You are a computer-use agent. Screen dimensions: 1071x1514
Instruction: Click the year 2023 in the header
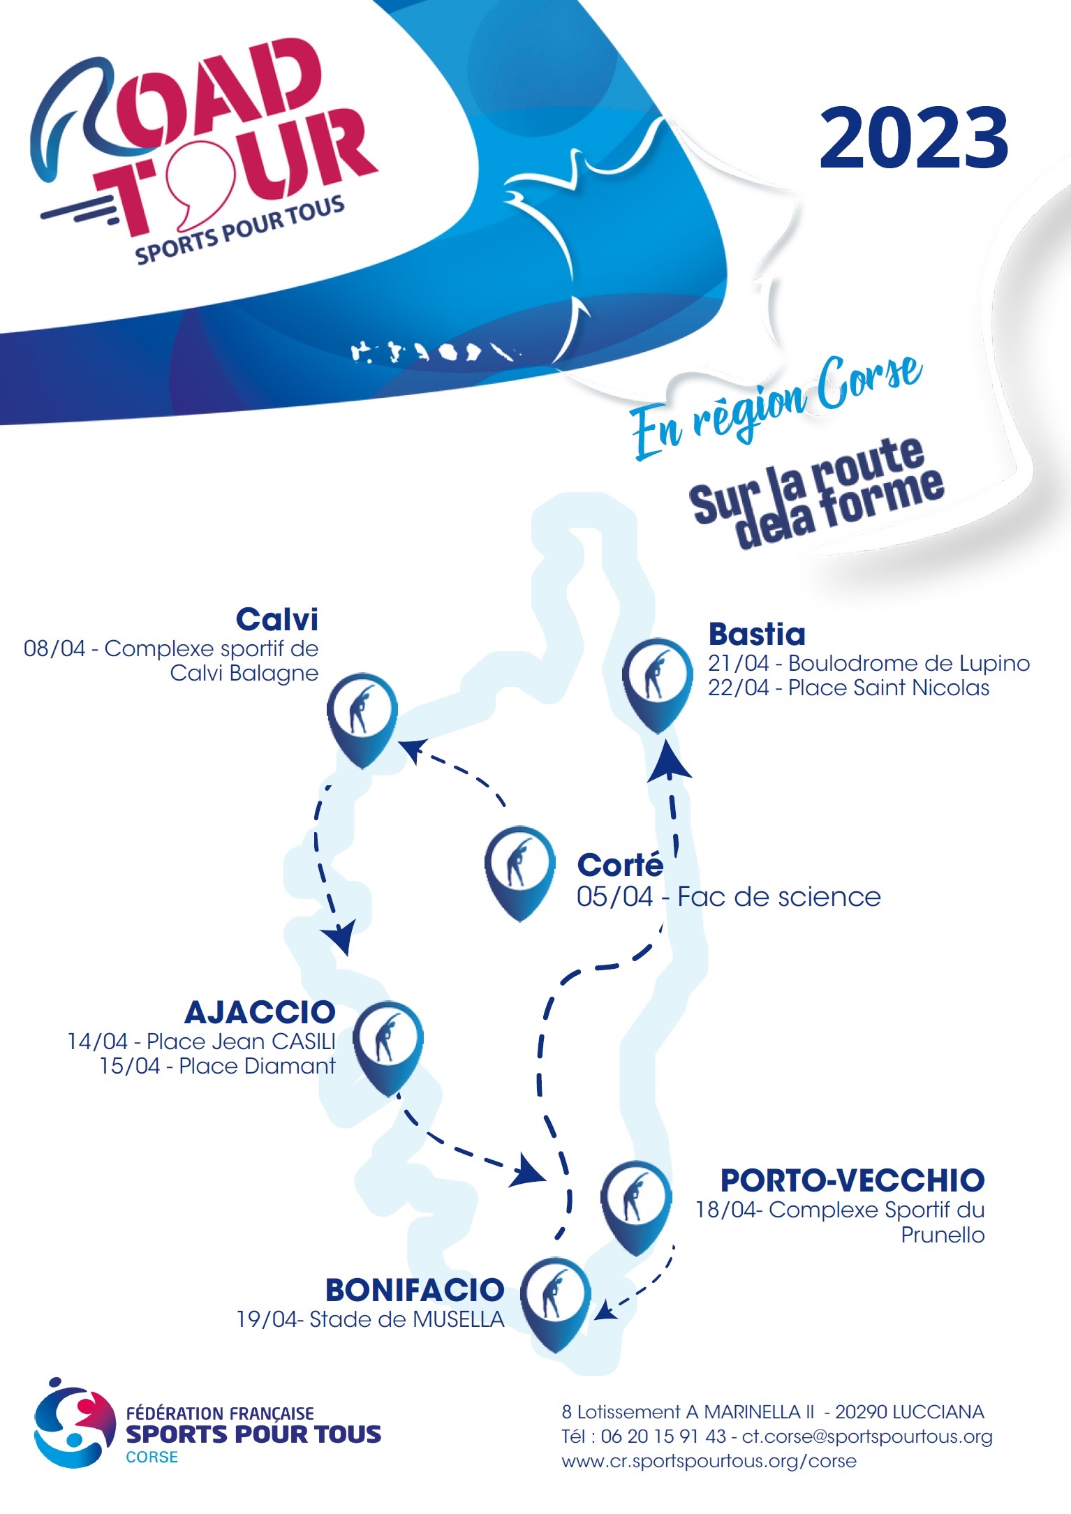(914, 138)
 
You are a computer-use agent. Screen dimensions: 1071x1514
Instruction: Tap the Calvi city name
(277, 619)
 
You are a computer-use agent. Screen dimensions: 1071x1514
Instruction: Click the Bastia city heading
(757, 634)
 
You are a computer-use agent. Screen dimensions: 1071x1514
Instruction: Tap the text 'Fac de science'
(779, 897)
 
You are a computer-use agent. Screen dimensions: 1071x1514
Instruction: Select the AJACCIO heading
(260, 1012)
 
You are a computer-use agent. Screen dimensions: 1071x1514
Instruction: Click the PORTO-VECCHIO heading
(852, 1180)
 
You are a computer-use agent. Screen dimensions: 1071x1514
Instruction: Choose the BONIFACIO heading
(415, 1290)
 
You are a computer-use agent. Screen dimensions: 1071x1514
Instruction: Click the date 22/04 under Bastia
(739, 688)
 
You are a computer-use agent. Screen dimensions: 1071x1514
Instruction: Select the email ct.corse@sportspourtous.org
(867, 1437)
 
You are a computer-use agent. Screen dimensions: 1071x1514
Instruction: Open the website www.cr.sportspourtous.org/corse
(709, 1461)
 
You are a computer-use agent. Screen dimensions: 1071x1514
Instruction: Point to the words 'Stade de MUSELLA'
(406, 1320)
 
